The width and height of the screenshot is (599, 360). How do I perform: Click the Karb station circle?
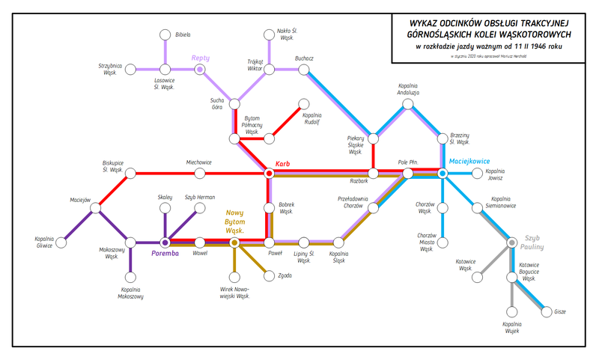point(269,174)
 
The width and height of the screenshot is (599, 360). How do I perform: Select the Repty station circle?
point(200,70)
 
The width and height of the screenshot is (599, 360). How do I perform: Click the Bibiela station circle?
point(165,34)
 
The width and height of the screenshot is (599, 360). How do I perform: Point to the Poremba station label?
point(165,254)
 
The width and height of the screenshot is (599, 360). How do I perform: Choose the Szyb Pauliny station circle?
point(511,242)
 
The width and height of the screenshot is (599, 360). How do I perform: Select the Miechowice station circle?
point(200,174)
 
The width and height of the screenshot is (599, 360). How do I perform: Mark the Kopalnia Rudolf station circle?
point(303,104)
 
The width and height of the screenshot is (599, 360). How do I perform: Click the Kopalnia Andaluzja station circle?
point(407,104)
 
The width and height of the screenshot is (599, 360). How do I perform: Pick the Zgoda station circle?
point(269,276)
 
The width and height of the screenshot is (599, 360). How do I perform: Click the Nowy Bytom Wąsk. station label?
point(234,222)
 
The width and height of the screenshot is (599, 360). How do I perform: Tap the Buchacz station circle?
point(303,70)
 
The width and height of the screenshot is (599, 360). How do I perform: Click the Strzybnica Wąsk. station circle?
point(130,70)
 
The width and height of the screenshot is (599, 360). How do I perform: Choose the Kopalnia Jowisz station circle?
point(477,174)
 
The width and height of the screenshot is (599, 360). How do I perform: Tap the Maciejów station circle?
point(96,208)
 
